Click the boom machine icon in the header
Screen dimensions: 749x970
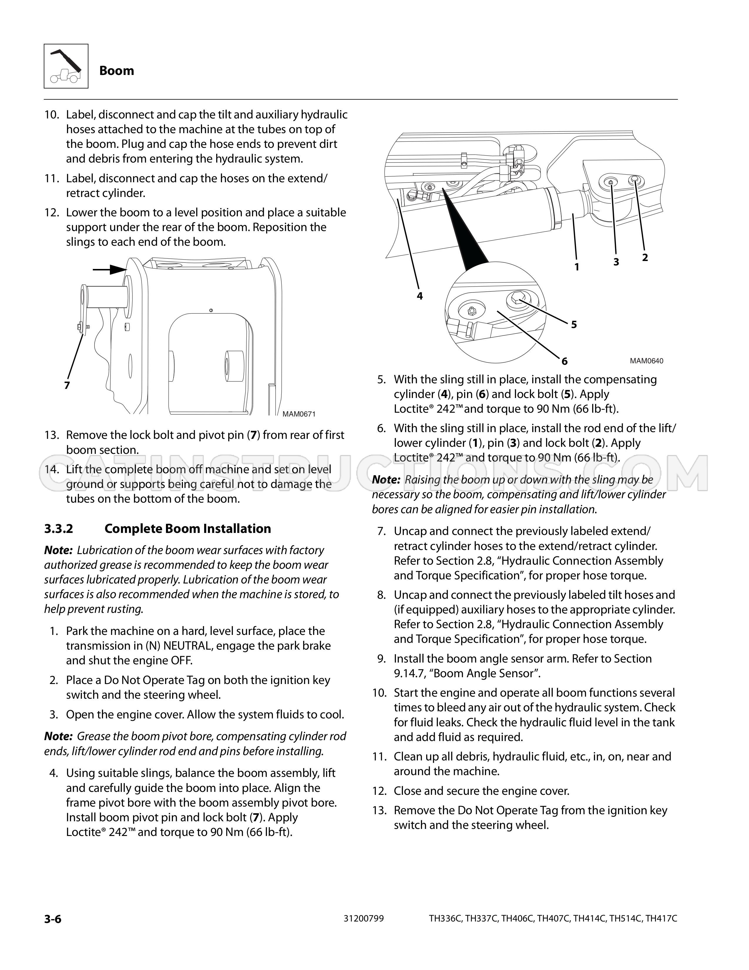coord(66,66)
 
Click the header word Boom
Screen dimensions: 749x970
coord(117,71)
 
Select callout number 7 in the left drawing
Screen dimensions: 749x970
coord(67,385)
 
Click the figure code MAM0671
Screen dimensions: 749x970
coord(299,414)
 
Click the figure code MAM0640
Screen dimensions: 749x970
coord(646,361)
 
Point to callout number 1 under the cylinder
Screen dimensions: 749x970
coord(577,267)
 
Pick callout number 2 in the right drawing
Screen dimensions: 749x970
coord(645,257)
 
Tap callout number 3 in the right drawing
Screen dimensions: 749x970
coord(616,262)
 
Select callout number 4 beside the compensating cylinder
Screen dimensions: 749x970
coord(420,296)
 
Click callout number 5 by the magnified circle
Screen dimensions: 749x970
coord(574,325)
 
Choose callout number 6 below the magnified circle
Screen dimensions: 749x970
coord(565,361)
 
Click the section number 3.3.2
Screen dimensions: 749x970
coord(58,529)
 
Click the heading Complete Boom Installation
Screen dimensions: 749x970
coord(188,529)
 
